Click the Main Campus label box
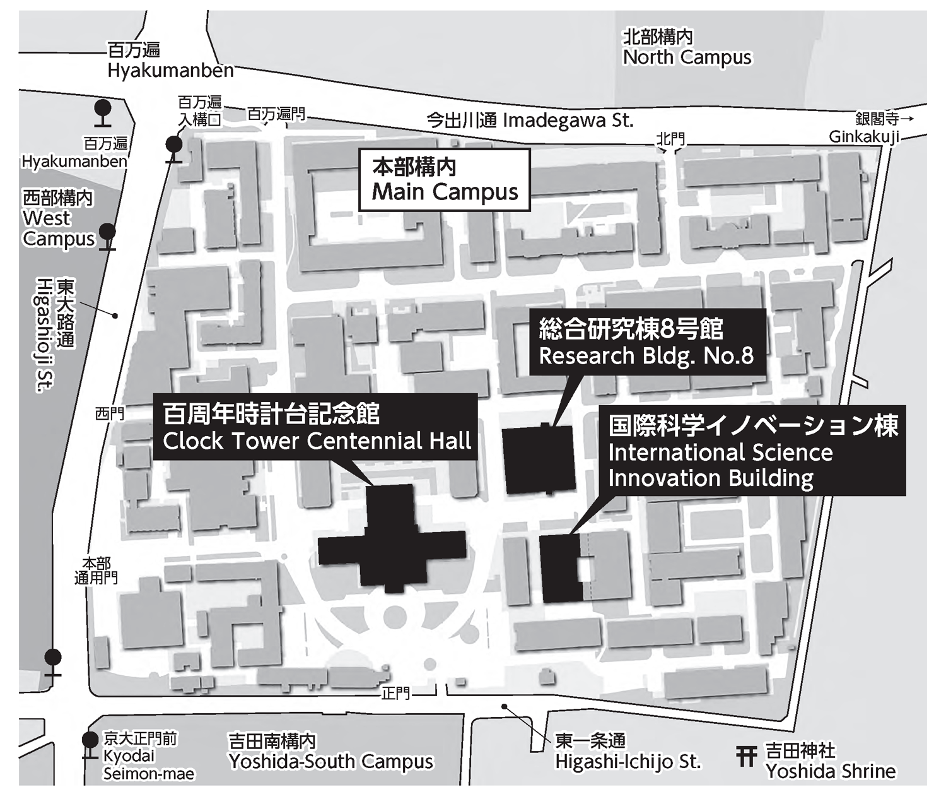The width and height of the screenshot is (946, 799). [444, 180]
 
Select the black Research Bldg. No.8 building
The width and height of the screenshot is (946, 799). [539, 459]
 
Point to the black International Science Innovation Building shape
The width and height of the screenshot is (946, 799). [560, 568]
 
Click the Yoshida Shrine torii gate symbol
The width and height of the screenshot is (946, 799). [746, 756]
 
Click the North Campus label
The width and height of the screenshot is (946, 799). [687, 49]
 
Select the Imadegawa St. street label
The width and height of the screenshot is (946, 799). [530, 120]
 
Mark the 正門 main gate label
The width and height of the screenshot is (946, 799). [395, 694]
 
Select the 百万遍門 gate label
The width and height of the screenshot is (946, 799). [276, 114]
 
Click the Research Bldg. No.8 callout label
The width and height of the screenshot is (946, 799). [646, 342]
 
